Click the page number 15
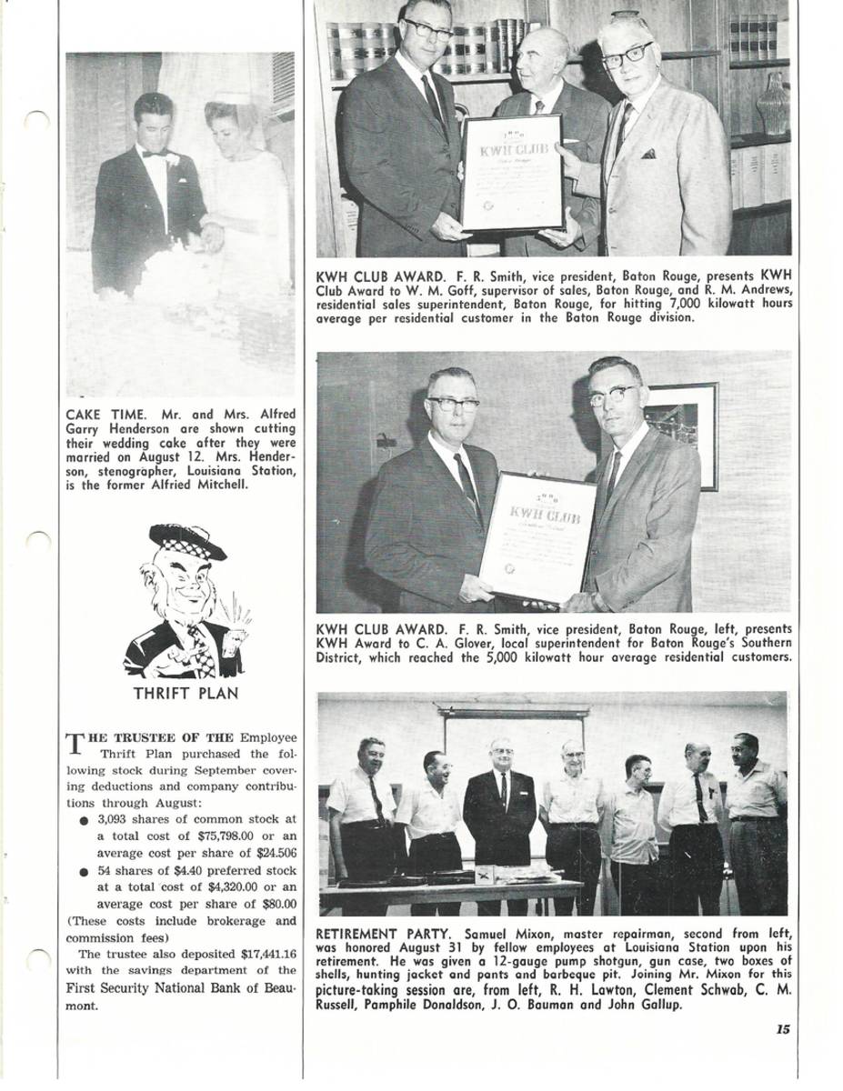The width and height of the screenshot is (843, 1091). [782, 1029]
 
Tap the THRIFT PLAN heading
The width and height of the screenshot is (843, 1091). [186, 694]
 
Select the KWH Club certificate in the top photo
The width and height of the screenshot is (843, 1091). [511, 172]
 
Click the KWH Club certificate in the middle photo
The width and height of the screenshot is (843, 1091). [537, 537]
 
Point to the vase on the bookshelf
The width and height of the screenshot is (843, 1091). [774, 103]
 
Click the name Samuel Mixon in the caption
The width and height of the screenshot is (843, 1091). [503, 934]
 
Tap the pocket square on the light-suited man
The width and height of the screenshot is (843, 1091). [647, 154]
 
